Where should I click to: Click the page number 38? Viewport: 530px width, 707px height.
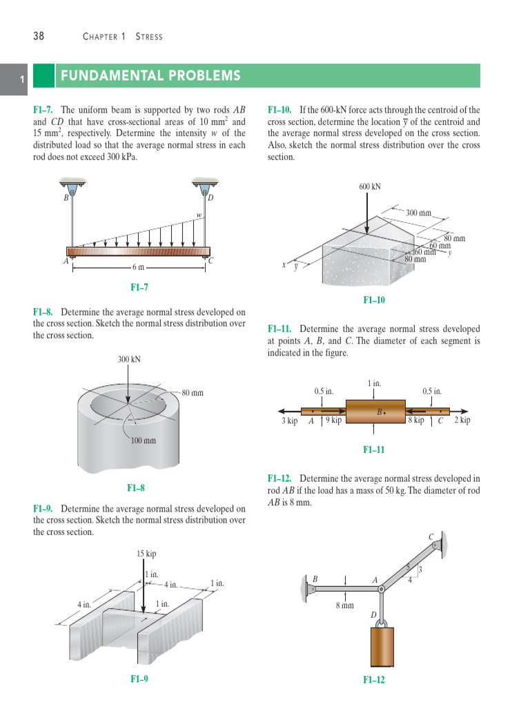click(x=39, y=36)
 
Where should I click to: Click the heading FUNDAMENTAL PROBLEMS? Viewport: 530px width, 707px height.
click(x=150, y=76)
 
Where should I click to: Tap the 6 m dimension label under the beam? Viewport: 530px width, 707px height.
click(x=139, y=267)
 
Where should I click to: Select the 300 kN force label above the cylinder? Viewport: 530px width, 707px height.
click(x=129, y=359)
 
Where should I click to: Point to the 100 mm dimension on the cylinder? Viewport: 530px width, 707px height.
click(x=144, y=440)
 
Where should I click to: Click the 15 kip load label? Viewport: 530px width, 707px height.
click(x=146, y=554)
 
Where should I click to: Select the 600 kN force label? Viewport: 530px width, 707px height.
click(x=370, y=186)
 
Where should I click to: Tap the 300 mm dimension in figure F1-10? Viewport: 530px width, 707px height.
click(x=418, y=213)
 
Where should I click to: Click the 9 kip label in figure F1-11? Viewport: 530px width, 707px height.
click(x=333, y=420)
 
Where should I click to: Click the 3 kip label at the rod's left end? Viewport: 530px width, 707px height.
click(x=289, y=420)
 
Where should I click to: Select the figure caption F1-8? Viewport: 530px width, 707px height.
click(x=136, y=488)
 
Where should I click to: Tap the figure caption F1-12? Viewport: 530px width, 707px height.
click(x=373, y=680)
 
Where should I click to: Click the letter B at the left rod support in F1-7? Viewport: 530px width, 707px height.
click(x=66, y=198)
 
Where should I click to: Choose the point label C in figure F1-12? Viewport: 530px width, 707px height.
click(x=431, y=535)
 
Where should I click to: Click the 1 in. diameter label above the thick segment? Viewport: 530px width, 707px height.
click(x=374, y=382)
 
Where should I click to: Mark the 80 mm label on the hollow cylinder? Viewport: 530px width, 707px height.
click(x=193, y=393)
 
